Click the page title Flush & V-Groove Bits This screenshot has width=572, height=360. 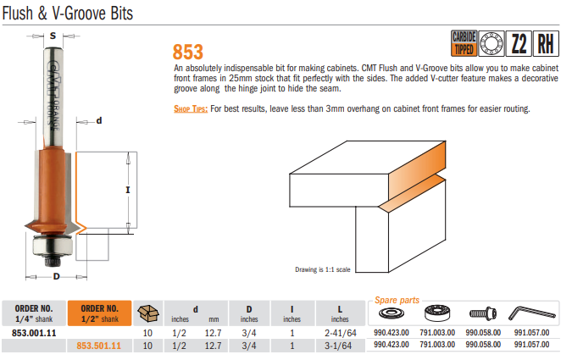(67, 14)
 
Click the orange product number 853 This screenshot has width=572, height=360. (187, 52)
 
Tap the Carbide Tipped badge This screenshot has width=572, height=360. (464, 43)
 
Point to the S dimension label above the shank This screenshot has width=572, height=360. (53, 36)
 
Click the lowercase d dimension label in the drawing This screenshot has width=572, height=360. (98, 120)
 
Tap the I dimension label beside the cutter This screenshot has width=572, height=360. (127, 190)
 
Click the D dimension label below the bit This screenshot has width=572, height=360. (57, 277)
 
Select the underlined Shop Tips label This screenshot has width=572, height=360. (190, 109)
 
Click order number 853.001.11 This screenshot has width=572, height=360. (35, 334)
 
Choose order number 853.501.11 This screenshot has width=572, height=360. (99, 346)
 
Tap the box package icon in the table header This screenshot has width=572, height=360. (149, 313)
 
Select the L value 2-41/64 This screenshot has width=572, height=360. (339, 334)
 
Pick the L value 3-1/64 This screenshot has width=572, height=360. (339, 346)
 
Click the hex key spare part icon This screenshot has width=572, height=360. (532, 314)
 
